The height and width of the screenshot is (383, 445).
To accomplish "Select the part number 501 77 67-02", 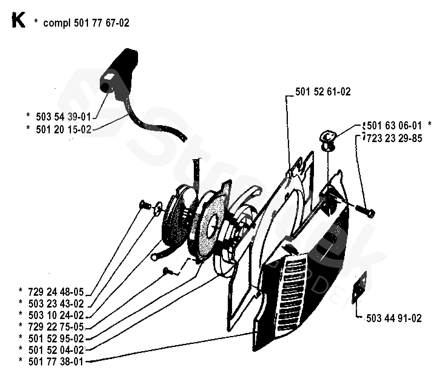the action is [x=101, y=23].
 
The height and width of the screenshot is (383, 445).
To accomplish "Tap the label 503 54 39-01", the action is [x=63, y=117].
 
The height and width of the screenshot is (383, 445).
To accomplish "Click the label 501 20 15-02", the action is [x=63, y=130].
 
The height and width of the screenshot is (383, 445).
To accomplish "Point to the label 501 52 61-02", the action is [x=323, y=92].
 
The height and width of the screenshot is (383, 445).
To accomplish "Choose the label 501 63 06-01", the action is [x=394, y=125].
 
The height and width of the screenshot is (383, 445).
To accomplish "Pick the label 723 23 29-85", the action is [x=394, y=138].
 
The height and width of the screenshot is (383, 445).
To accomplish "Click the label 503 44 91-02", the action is [x=394, y=318].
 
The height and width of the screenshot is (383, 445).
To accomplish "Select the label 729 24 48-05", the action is [x=56, y=292].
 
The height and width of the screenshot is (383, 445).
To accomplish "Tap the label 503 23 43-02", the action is [x=56, y=304].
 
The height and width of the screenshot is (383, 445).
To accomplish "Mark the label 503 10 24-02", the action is [x=56, y=315].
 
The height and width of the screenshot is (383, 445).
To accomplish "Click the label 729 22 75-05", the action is [x=56, y=327].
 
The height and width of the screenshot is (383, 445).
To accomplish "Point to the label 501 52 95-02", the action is [x=56, y=339].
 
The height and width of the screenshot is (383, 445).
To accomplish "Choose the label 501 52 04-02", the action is [x=56, y=350].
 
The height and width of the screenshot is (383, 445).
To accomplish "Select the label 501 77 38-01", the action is [x=56, y=362].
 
